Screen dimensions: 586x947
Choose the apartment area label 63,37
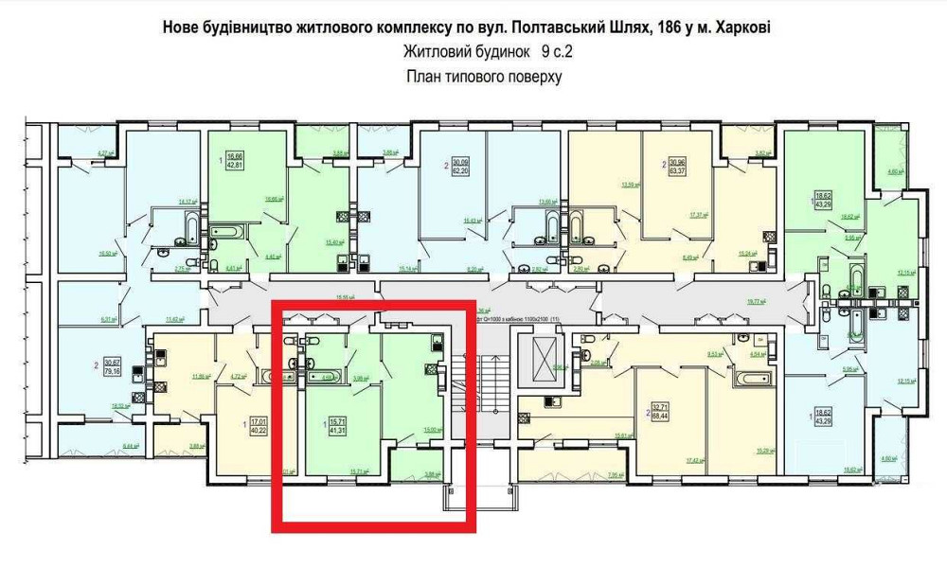point(677,172)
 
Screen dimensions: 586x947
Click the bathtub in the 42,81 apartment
point(228,231)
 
